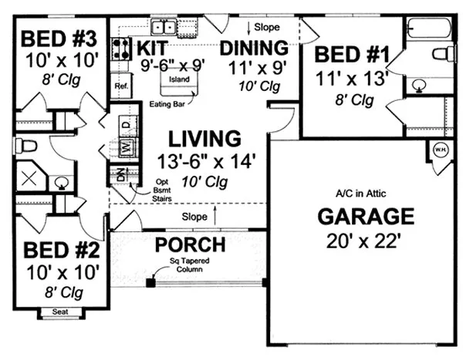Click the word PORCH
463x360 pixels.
point(190,245)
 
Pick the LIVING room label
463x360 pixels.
point(204,139)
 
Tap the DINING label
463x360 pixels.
point(254,48)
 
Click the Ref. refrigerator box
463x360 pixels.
point(121,86)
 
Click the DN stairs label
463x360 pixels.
point(120,174)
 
